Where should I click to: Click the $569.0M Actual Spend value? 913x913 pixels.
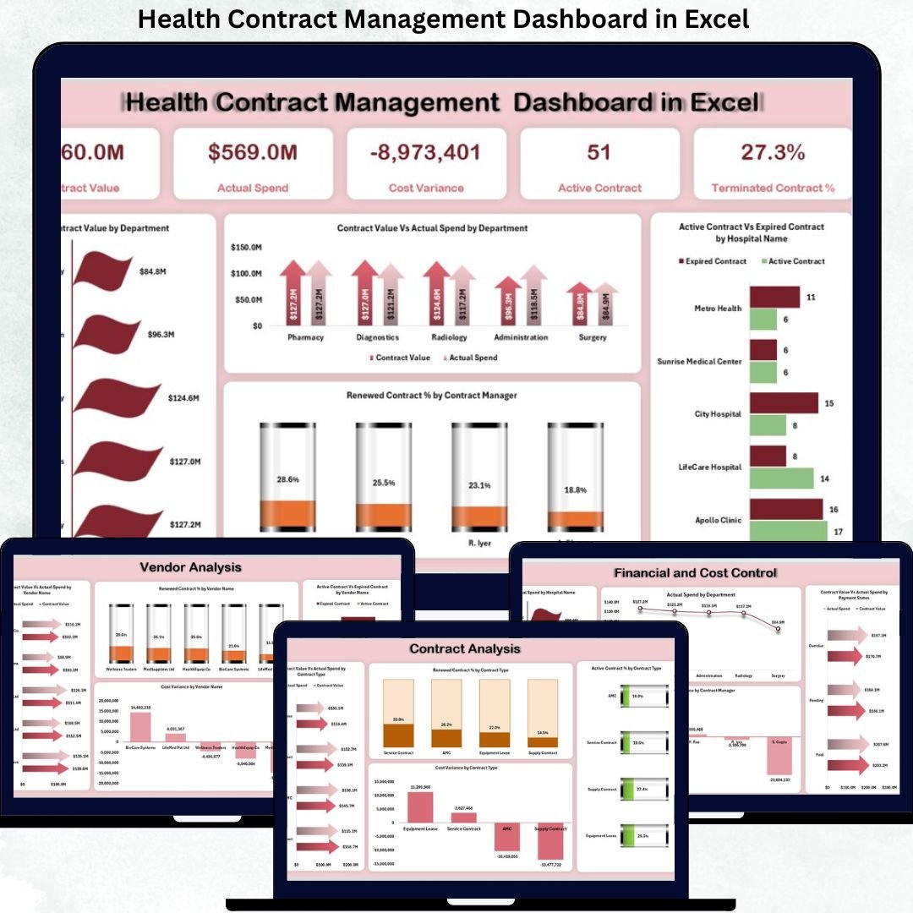point(252,153)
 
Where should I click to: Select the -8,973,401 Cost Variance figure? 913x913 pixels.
point(426,153)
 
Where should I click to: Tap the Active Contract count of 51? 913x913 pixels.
point(599,153)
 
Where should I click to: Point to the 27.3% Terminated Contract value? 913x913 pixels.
point(773,153)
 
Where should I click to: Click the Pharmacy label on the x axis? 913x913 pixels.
point(305,337)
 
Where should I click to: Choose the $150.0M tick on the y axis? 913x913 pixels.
point(246,248)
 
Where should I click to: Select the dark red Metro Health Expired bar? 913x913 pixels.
point(774,297)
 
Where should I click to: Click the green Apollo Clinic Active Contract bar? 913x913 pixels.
point(788,531)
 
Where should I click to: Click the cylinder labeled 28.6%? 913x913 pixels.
point(287,478)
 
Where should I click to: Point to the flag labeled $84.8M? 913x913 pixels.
point(105,271)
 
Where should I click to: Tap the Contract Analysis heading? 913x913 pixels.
point(465,648)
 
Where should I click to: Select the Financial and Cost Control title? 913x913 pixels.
point(695,573)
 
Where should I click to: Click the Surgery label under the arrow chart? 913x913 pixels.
point(593,337)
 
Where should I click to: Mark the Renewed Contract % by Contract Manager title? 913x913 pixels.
point(431,395)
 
